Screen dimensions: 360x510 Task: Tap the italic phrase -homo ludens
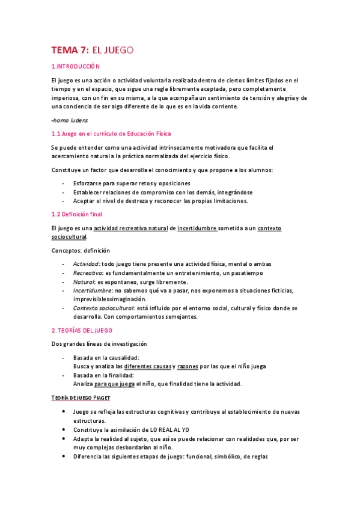coord(70,120)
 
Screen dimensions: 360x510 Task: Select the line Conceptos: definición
coord(81,250)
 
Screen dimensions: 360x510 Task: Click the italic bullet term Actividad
coord(86,264)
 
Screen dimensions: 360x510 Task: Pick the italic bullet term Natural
coord(83,282)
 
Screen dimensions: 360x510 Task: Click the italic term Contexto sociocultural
coord(103,308)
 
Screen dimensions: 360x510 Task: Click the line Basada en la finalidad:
coord(103,375)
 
